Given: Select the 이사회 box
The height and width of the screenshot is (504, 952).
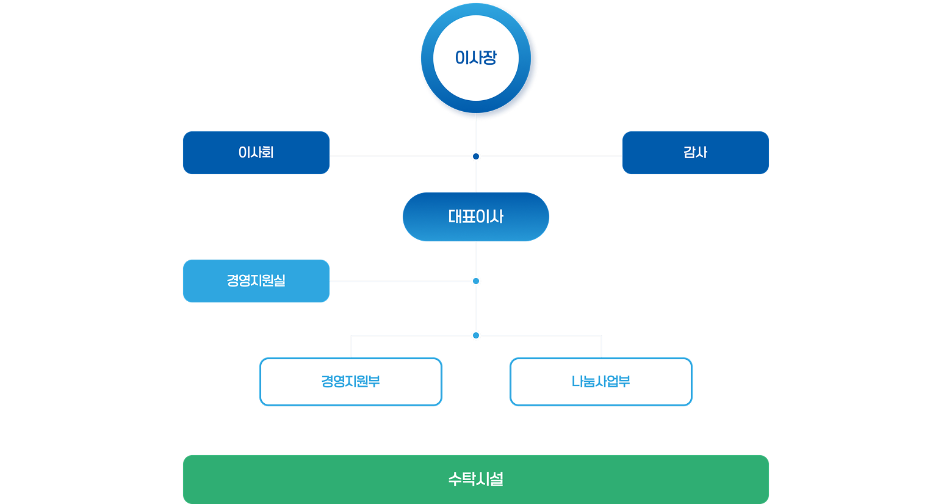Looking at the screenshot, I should pyautogui.click(x=256, y=153).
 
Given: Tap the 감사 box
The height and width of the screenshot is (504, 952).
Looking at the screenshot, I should pyautogui.click(x=696, y=153).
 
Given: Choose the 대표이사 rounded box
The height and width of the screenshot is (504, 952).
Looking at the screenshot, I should pyautogui.click(x=476, y=217).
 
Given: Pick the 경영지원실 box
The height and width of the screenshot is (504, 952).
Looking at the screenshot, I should pyautogui.click(x=256, y=281).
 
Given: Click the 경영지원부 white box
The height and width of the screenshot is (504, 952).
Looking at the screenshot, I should pyautogui.click(x=351, y=382).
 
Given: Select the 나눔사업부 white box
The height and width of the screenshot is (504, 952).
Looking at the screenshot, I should pyautogui.click(x=601, y=382).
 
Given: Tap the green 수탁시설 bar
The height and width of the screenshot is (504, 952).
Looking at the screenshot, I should pyautogui.click(x=476, y=480).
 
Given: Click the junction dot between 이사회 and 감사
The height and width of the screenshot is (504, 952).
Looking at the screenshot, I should pyautogui.click(x=476, y=156).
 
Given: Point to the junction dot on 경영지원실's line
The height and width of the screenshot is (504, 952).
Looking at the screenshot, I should pyautogui.click(x=476, y=281).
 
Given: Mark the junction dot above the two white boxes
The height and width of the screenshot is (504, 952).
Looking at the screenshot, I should pyautogui.click(x=476, y=335).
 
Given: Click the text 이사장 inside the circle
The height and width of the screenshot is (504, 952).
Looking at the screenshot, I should pyautogui.click(x=476, y=58).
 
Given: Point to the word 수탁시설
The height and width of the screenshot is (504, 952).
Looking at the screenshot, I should pyautogui.click(x=476, y=480).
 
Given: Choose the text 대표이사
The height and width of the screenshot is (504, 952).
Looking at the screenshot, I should pyautogui.click(x=476, y=217).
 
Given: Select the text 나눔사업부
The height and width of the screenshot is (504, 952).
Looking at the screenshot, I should pyautogui.click(x=601, y=382).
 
